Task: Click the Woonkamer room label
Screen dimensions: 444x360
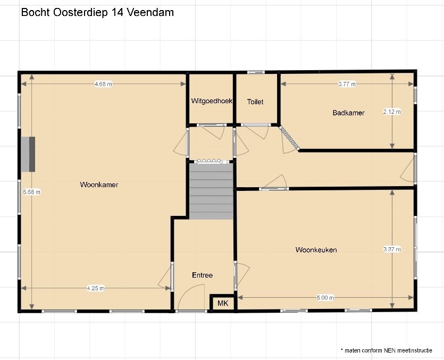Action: pos(99,185)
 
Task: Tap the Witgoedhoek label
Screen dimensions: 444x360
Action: pos(212,101)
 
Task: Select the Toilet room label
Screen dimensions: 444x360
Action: pos(255,102)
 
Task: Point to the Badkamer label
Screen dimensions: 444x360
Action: pos(348,113)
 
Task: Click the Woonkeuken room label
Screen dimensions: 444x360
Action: pos(316,249)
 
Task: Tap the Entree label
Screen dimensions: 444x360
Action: pos(202,275)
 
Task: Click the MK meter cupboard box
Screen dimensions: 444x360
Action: pos(223,303)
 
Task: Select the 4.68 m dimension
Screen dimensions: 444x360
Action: pos(103,84)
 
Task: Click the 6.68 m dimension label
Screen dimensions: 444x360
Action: pos(32,192)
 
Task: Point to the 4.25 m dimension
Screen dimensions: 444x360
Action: pos(96,288)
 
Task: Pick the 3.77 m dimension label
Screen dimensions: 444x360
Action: pos(347,84)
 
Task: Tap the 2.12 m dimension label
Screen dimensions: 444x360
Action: pos(392,112)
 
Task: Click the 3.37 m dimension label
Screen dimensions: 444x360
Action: pos(392,249)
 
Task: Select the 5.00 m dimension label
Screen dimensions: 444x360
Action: pos(325,298)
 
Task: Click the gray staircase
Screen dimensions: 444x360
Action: pos(211,191)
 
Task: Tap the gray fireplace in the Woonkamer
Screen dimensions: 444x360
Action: pos(28,154)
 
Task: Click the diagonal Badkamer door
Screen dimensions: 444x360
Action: pos(289,138)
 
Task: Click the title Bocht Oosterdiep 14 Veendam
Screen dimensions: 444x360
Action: pos(97,12)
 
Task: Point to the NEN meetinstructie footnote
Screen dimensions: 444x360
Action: pos(387,350)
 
